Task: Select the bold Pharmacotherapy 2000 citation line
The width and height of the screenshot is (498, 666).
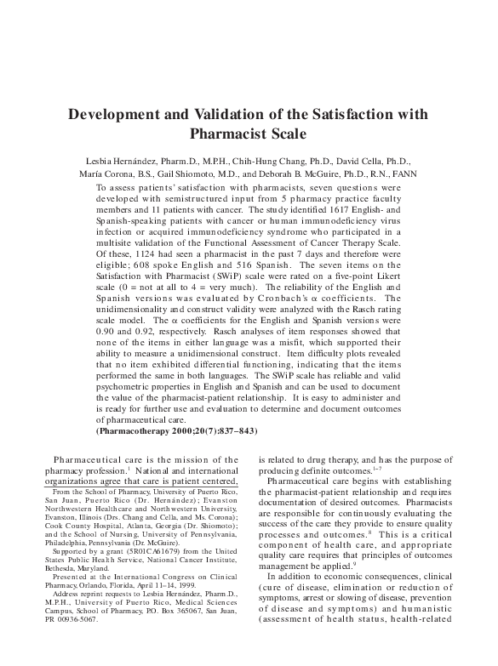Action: (x=171, y=430)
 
